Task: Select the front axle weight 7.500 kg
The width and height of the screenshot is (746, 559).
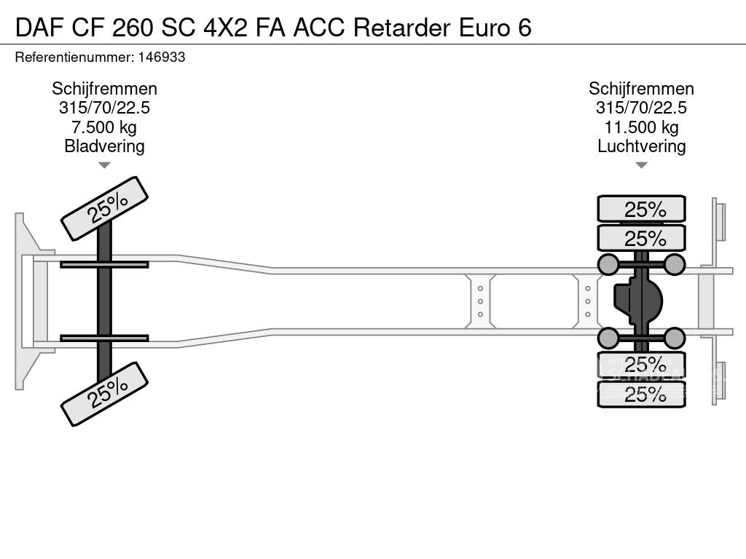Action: (x=104, y=127)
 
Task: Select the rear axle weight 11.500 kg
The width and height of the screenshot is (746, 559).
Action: (x=641, y=127)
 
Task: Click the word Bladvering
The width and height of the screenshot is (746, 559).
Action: (x=104, y=146)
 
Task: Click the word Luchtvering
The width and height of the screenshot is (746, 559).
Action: (x=641, y=146)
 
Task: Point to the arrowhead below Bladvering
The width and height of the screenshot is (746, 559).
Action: (x=104, y=165)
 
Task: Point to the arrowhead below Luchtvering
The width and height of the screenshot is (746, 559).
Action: (x=641, y=165)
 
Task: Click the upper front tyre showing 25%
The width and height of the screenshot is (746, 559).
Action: (x=104, y=208)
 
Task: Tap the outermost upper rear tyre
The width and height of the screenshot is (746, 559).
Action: (x=641, y=209)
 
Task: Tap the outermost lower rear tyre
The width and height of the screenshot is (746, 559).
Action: (x=641, y=395)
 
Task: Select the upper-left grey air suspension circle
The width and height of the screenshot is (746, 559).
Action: (x=608, y=264)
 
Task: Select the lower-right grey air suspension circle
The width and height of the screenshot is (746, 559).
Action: (x=675, y=338)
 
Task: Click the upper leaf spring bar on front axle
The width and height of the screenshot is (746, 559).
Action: (x=104, y=264)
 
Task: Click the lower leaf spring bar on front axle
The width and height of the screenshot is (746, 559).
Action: (x=104, y=338)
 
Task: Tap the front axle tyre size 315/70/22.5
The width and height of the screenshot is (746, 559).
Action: (x=104, y=108)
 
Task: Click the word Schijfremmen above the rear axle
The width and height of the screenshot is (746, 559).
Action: (x=641, y=89)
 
